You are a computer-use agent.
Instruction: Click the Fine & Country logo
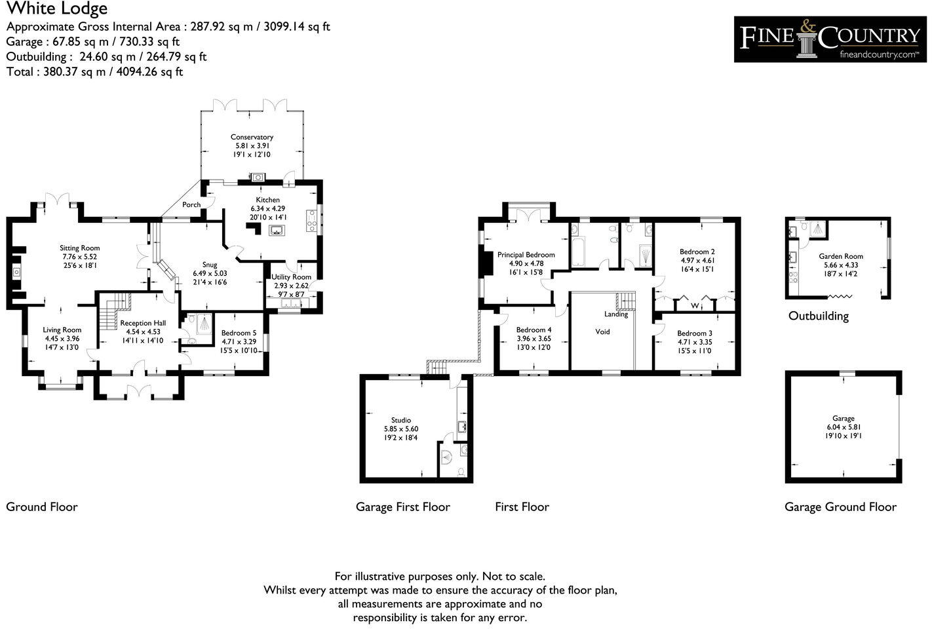point(830,39)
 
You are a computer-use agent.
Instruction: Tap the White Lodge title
point(57,9)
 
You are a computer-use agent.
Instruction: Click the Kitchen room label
point(267,200)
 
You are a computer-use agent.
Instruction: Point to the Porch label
point(191,205)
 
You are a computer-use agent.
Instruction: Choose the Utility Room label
point(292,277)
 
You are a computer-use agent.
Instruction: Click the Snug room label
point(210,265)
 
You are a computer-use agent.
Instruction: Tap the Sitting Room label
point(79,248)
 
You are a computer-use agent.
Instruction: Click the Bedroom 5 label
point(239,333)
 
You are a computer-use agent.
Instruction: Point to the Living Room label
point(62,330)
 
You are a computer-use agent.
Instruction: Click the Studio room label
point(401,420)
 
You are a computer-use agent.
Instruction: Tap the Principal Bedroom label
point(526,255)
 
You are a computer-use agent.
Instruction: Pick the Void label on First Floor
point(602,332)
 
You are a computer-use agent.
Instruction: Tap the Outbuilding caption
point(818,316)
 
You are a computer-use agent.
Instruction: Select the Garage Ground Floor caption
point(840,506)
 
